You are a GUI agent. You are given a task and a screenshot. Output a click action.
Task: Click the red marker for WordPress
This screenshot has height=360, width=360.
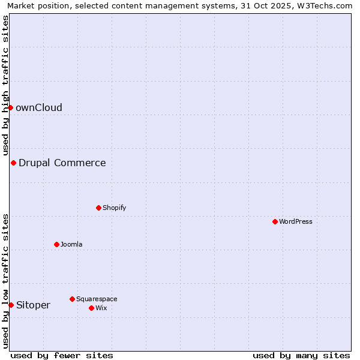(275, 221)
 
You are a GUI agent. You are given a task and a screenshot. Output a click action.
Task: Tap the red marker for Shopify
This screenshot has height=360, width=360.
(98, 208)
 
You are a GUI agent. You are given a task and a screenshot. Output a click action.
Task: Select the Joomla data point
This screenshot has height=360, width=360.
(56, 244)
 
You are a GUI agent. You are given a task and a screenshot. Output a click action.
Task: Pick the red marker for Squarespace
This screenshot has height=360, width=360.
(72, 299)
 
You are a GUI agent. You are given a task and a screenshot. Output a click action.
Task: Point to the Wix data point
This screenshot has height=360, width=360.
(91, 308)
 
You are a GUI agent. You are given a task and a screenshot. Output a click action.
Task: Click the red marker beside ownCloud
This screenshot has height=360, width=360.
(10, 107)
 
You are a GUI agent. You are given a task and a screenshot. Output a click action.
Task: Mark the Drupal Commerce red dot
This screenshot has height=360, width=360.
(13, 163)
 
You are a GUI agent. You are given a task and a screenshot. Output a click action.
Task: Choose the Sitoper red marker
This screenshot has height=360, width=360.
(11, 305)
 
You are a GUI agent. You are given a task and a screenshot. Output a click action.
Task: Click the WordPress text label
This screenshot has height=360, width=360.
(296, 221)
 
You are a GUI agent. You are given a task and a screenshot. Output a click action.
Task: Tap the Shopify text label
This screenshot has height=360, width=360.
(114, 208)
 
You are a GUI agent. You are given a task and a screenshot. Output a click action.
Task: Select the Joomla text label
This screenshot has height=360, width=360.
(71, 244)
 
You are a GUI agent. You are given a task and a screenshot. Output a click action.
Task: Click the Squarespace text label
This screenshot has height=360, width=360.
(97, 299)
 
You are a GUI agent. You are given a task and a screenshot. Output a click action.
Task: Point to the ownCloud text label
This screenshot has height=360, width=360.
(39, 107)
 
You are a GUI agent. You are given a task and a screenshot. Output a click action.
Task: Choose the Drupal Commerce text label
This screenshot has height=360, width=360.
(62, 163)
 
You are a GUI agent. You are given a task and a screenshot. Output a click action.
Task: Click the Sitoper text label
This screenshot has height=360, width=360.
(34, 305)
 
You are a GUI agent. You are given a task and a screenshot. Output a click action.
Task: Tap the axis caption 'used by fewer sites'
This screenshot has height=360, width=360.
(62, 355)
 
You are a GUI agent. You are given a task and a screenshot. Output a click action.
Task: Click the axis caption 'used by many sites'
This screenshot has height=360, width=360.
(301, 355)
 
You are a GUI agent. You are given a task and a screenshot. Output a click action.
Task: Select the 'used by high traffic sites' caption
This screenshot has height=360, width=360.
(5, 85)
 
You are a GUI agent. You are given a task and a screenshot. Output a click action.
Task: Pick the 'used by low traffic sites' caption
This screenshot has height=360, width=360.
(5, 281)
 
